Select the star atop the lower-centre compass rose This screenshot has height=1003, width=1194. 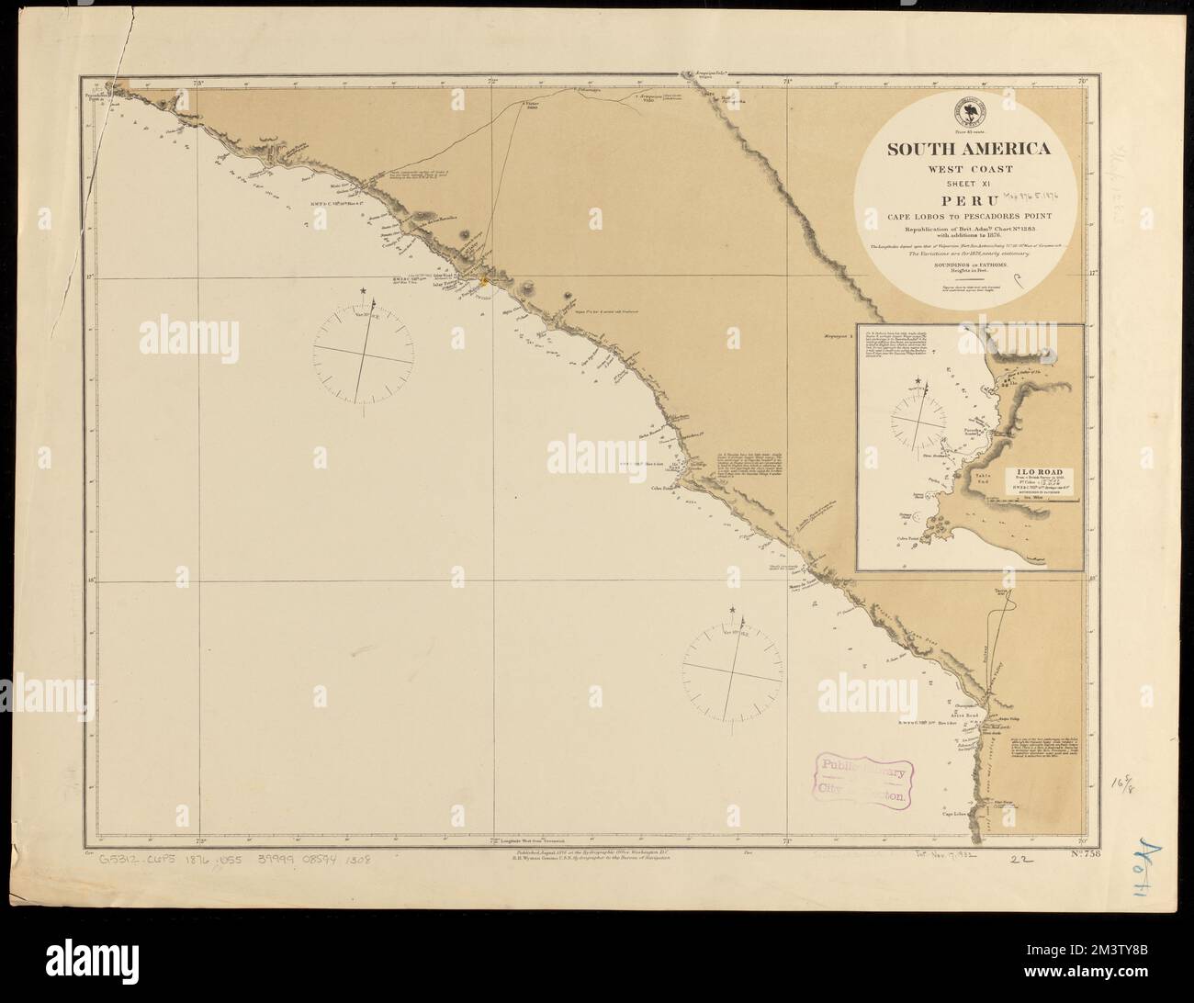(733, 610)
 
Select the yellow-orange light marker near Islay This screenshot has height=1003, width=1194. (479, 281)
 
